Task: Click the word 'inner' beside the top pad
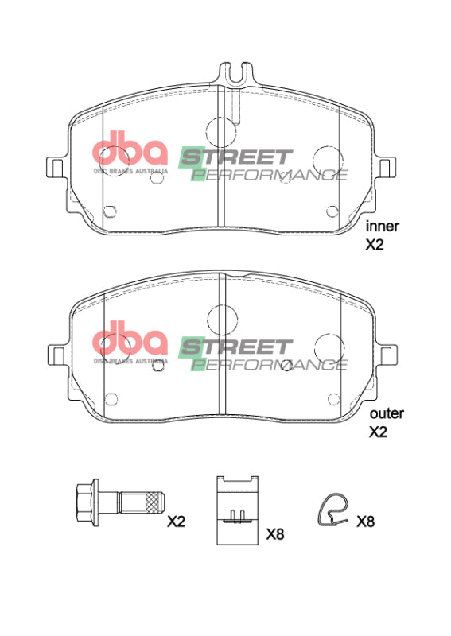tap(382, 226)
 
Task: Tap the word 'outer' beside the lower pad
tap(387, 413)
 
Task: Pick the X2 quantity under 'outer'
tap(379, 433)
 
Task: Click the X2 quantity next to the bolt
tap(176, 522)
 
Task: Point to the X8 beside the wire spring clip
tap(366, 522)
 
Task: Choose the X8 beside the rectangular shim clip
tap(274, 534)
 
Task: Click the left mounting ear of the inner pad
tap(56, 168)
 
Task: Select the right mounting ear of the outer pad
tap(387, 355)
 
